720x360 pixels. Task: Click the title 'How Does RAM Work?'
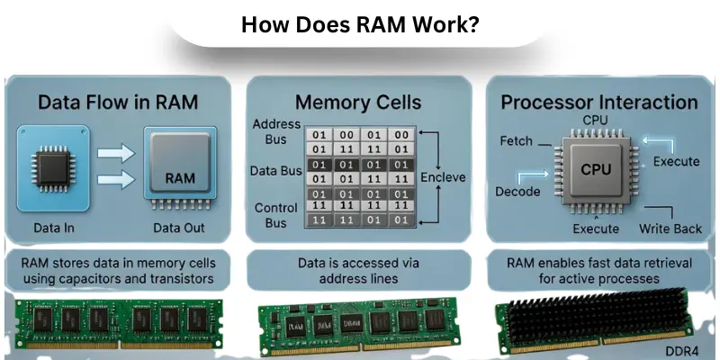(x=360, y=24)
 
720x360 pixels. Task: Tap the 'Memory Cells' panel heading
(x=359, y=102)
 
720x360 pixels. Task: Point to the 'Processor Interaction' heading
(x=598, y=102)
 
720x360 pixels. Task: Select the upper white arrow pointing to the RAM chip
(x=115, y=156)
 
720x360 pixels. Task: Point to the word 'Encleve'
(x=443, y=177)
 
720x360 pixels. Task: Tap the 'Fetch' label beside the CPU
(x=516, y=141)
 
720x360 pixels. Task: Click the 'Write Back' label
(x=670, y=229)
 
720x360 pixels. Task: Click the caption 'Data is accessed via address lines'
(x=359, y=271)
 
